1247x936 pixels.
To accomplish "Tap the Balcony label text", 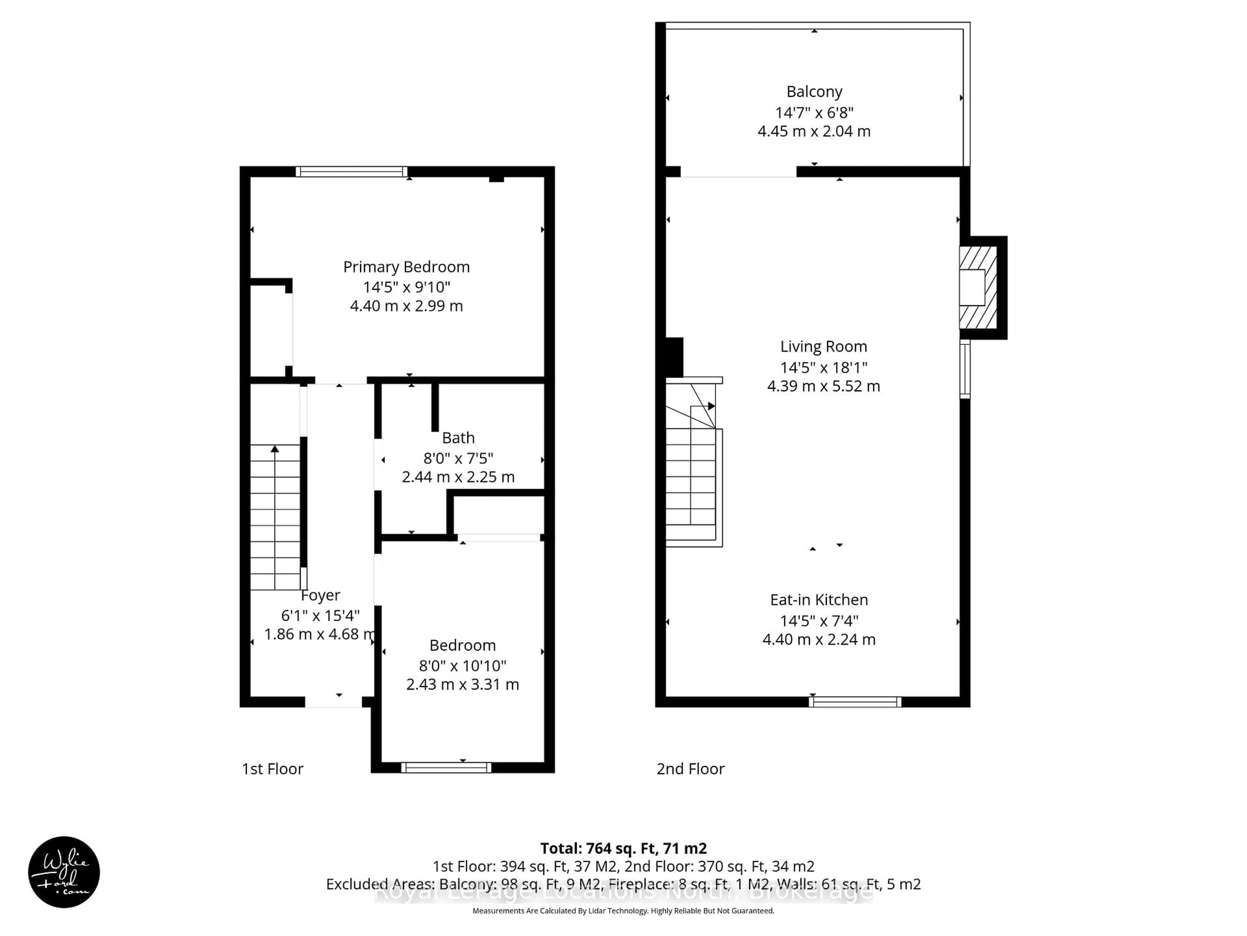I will pos(814,91).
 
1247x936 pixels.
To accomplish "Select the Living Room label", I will pos(823,346).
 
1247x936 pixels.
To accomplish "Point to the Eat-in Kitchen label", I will pos(819,600).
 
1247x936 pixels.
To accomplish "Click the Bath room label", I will pos(458,438).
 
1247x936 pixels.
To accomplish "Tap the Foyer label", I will pos(320,595).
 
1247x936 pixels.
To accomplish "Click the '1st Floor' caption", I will pos(272,769).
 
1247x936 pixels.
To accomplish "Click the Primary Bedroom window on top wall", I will pos(351,172).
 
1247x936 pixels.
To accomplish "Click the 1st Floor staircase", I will pos(275,516).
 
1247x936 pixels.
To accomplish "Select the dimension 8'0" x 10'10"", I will pos(462,666).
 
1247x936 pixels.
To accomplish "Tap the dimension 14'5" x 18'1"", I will pos(823,367).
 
